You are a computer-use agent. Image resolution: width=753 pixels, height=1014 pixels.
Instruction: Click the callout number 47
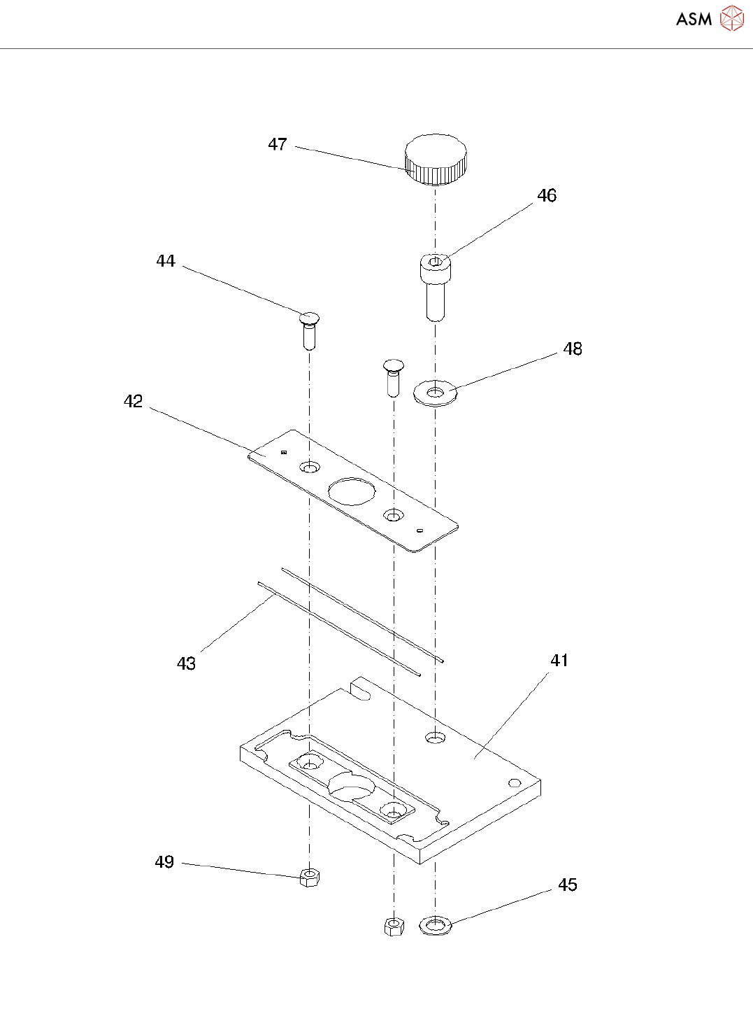(x=278, y=144)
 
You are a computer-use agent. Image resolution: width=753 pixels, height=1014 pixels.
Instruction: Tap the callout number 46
(x=547, y=196)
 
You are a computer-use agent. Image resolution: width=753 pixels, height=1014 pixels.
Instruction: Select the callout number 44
(x=166, y=261)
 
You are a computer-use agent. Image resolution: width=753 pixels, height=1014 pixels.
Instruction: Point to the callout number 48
(x=573, y=349)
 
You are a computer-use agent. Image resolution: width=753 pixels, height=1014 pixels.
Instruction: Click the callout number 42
(x=133, y=402)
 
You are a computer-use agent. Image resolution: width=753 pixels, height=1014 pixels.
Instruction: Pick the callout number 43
(x=186, y=663)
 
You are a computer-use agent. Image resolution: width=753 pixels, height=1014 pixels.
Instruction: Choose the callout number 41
(x=559, y=661)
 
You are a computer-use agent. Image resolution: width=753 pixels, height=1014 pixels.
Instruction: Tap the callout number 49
(x=164, y=862)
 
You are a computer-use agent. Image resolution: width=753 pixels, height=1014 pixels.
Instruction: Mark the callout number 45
(x=568, y=885)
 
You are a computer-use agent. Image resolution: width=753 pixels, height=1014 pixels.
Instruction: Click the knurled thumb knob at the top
(x=436, y=159)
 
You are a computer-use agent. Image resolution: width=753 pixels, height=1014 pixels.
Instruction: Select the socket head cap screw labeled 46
(x=435, y=287)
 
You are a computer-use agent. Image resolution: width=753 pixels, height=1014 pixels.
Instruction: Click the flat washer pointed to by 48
(x=436, y=393)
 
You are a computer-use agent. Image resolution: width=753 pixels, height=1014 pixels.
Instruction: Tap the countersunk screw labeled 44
(x=308, y=329)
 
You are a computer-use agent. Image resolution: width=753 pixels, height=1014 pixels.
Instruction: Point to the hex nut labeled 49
(x=309, y=877)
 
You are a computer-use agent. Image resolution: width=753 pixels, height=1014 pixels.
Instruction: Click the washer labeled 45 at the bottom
(x=436, y=926)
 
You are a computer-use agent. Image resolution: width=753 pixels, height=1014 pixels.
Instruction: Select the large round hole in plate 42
(x=352, y=491)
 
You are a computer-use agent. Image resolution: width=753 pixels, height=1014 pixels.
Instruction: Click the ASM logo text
(x=694, y=20)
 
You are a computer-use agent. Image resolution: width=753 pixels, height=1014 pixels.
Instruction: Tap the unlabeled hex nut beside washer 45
(x=394, y=927)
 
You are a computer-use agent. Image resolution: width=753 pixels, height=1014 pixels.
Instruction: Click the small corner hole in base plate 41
(x=515, y=782)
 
